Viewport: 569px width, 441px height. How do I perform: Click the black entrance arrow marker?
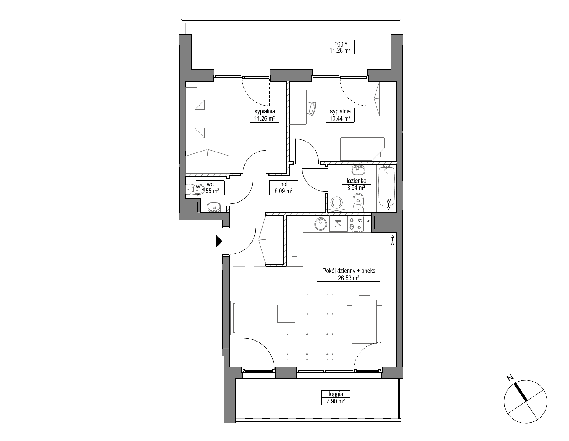click(x=219, y=241)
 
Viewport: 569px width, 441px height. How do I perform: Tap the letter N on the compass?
click(x=509, y=378)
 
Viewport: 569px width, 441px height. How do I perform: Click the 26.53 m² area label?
click(x=348, y=278)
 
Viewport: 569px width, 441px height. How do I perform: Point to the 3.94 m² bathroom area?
click(x=356, y=188)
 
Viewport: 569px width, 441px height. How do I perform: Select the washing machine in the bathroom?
click(x=337, y=203)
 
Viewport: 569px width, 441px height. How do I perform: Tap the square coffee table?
click(x=286, y=314)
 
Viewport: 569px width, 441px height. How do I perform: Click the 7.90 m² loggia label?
click(x=336, y=401)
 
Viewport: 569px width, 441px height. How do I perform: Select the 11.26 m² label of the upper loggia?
click(x=340, y=51)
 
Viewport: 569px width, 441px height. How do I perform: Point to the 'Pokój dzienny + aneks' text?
click(x=348, y=271)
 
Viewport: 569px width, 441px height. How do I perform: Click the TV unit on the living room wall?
click(x=236, y=318)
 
